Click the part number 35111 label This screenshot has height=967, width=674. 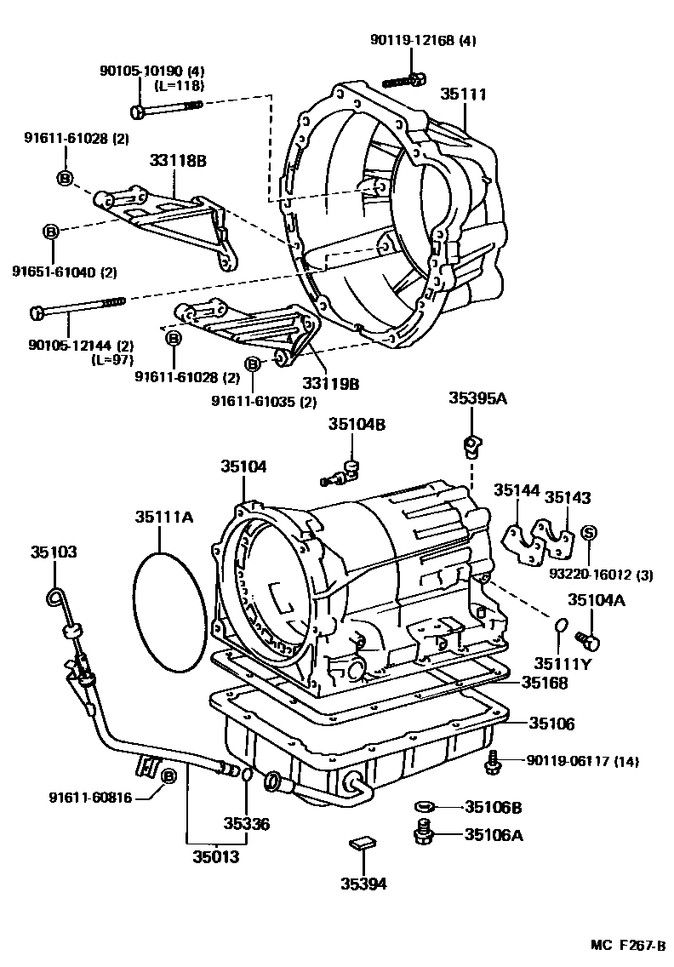click(x=464, y=94)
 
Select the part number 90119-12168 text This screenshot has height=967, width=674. click(x=424, y=40)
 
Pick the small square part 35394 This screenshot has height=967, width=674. click(x=362, y=844)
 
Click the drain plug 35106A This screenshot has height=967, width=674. click(x=422, y=833)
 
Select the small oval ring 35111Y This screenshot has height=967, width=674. click(x=560, y=627)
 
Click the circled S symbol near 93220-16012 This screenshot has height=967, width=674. click(x=588, y=533)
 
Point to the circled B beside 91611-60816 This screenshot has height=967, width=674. click(x=168, y=775)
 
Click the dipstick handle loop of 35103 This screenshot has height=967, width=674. click(x=58, y=599)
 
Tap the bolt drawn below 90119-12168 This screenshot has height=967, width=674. click(x=405, y=82)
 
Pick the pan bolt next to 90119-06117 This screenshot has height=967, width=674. click(x=493, y=764)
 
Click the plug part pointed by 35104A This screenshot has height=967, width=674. click(x=586, y=638)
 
